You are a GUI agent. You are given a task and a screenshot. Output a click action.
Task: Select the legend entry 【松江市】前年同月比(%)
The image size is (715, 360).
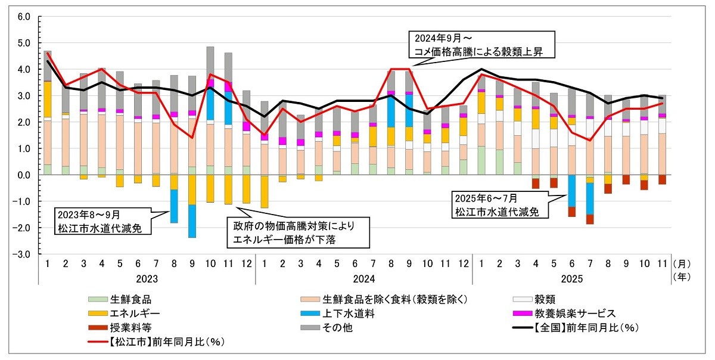tap(157, 341)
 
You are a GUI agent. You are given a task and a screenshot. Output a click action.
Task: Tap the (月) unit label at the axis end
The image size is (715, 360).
tap(681, 263)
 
